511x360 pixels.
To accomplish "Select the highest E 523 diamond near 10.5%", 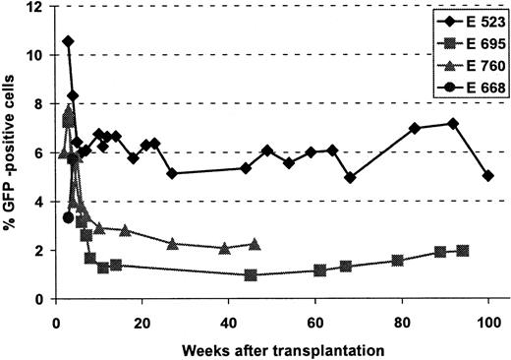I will click(68, 41).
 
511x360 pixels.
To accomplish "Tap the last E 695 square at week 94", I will click(463, 251).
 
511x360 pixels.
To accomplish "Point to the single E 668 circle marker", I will click(67, 217).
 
